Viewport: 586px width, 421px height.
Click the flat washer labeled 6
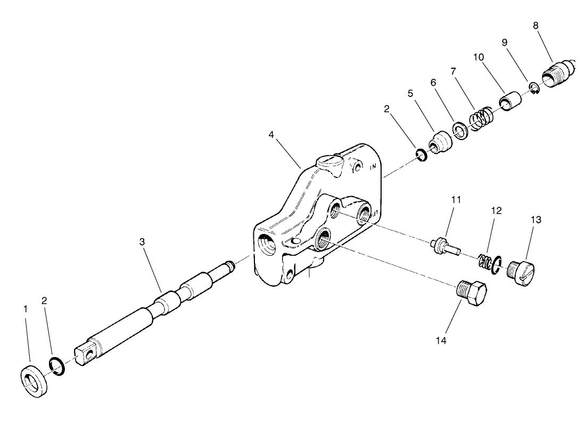[x=459, y=130]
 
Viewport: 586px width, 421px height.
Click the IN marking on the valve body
[x=374, y=167]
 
